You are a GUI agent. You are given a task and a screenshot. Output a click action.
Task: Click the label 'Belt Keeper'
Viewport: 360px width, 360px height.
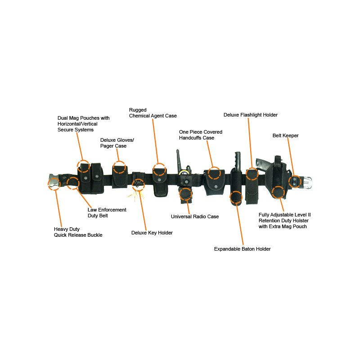[x=285, y=135]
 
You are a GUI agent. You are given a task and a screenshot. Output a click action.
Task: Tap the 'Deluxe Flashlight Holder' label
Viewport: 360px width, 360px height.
[x=251, y=115]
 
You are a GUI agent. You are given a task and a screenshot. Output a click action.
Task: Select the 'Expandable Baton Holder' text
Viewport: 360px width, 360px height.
[x=242, y=249]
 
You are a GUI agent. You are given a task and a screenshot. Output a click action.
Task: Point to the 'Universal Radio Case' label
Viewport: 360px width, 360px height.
[x=195, y=216]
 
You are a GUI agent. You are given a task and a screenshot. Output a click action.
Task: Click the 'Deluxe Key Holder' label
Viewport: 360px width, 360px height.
[x=152, y=233]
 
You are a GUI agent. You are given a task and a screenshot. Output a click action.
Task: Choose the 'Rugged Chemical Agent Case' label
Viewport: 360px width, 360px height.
[x=153, y=113]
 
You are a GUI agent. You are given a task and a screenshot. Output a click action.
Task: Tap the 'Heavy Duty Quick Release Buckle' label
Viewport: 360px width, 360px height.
[x=78, y=232]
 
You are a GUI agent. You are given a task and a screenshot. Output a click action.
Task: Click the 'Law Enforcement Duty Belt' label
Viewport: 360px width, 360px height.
[x=107, y=212]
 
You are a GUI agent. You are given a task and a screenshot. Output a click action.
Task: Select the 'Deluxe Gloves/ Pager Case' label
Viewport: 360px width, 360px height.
[x=117, y=143]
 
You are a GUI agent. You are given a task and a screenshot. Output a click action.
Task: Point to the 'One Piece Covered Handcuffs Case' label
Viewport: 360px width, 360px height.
[x=200, y=135]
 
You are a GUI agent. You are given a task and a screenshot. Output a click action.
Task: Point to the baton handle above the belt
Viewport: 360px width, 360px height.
[x=238, y=161]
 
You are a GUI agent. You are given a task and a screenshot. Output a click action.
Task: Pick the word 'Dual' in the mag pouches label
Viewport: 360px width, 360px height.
[x=63, y=118]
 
